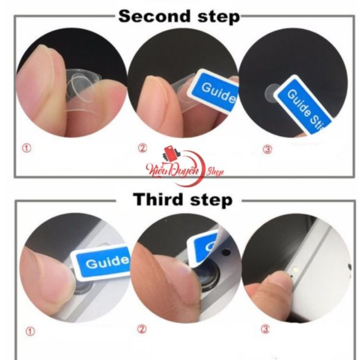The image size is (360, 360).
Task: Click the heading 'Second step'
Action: [179, 16]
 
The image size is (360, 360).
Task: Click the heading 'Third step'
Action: [182, 200]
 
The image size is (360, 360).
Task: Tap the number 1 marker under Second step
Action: [27, 148]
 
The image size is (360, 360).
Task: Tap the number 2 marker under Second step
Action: [142, 148]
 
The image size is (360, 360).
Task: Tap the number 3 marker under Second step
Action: [267, 149]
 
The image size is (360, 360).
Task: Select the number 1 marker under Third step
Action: [31, 331]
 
